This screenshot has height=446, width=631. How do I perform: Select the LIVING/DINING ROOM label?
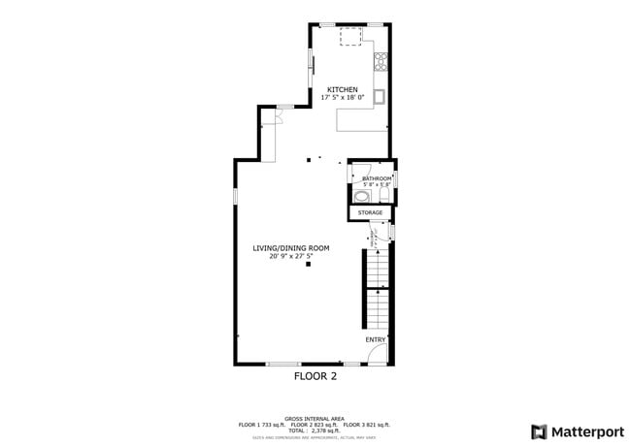point(291,248)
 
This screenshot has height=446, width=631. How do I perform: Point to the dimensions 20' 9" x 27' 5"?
point(291,256)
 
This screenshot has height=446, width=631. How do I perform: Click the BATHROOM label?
point(377,178)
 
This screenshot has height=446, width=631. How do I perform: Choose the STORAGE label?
point(370,211)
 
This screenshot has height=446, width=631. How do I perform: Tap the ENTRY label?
point(375,340)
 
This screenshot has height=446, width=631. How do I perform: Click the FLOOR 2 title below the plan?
point(315,376)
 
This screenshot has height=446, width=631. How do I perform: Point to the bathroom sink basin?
point(361,195)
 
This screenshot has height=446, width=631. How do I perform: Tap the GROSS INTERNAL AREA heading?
point(315,419)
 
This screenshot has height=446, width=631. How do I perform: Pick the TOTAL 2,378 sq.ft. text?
point(315,430)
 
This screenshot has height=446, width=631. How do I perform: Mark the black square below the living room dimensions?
point(309,265)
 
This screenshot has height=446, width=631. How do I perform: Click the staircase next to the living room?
point(377,291)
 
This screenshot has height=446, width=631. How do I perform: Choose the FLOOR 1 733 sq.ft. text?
point(260,425)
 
